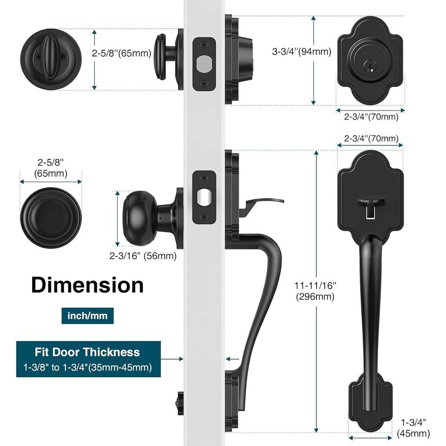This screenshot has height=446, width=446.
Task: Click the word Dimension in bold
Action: [87, 285]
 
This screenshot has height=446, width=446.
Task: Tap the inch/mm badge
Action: [88, 316]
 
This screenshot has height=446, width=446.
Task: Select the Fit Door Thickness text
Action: [87, 352]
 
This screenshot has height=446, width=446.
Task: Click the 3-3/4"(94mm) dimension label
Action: [302, 52]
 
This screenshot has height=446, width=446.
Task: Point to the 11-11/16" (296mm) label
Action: [315, 291]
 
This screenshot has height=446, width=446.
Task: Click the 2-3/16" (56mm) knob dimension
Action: [143, 256]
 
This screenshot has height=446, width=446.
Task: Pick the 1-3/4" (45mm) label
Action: [413, 428]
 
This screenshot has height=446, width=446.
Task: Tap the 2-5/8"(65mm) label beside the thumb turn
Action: [121, 53]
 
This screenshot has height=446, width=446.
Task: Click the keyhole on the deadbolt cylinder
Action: [370, 66]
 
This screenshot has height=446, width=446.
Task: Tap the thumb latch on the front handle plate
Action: [370, 202]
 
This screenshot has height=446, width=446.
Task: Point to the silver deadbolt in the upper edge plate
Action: [204, 64]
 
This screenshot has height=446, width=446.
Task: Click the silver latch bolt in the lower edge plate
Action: [204, 197]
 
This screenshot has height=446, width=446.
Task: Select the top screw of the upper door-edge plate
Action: [204, 45]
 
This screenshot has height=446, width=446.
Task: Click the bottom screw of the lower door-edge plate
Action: [204, 217]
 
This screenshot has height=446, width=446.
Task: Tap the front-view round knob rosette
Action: [51, 218]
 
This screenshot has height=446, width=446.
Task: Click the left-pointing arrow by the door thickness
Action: [233, 359]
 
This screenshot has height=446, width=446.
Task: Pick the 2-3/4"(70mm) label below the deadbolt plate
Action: [371, 117]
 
